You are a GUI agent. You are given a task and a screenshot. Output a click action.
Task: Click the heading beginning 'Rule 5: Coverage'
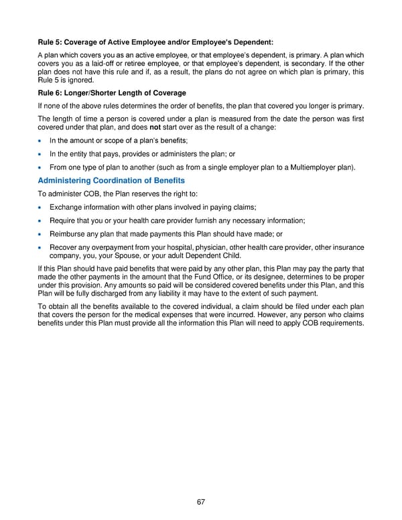(155, 43)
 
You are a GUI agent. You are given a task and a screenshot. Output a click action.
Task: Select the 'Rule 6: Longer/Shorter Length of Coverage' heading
(112, 92)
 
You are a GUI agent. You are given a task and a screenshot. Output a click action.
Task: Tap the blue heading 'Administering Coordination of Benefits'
(111, 180)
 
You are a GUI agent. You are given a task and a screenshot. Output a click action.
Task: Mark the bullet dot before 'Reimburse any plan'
(41, 235)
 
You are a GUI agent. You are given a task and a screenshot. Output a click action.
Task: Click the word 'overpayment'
(107, 247)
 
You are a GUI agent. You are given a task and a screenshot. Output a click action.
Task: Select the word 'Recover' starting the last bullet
(62, 247)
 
